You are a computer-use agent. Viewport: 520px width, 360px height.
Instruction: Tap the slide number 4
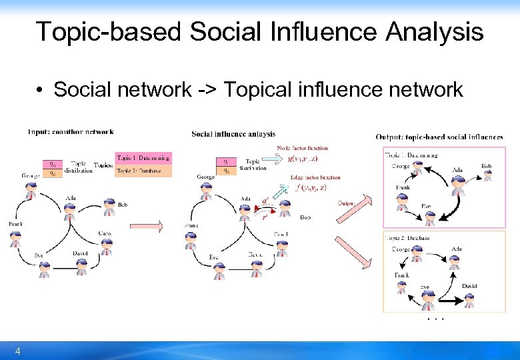pos(18,351)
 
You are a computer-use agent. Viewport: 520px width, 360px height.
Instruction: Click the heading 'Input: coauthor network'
pos(71,132)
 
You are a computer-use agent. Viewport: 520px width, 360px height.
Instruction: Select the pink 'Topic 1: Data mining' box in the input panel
pos(143,158)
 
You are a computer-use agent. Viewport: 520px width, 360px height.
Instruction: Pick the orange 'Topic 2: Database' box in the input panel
pos(143,171)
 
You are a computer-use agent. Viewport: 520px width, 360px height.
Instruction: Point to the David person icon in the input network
pos(81,266)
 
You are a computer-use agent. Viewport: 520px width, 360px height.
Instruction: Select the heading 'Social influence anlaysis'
pos(233,134)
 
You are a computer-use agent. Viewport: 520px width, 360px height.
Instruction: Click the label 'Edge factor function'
pos(315,177)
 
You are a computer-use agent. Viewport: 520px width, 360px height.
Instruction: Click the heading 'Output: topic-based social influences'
pos(439,137)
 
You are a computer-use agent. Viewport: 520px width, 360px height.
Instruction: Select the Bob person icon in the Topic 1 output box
pos(487,175)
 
